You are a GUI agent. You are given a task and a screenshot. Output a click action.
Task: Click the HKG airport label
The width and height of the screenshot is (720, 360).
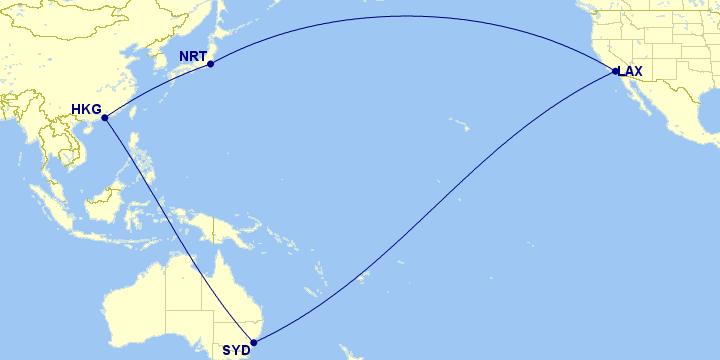[x=87, y=109]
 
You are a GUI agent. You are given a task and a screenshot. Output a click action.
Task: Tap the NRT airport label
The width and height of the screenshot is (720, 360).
[x=193, y=56]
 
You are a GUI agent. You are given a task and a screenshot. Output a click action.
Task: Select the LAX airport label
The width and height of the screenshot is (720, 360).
[x=631, y=71]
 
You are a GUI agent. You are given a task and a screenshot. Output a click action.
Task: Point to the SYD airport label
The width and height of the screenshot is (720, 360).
[x=236, y=350]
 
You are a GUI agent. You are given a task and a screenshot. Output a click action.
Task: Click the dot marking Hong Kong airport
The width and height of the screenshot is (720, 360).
[x=105, y=118]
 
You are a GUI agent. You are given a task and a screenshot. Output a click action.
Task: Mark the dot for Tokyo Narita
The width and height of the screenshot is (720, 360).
[x=211, y=65]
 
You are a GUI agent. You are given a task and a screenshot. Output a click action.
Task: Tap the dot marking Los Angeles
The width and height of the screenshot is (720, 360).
[x=616, y=71]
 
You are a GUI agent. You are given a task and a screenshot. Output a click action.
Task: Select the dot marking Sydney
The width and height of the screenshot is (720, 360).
[x=253, y=343]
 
